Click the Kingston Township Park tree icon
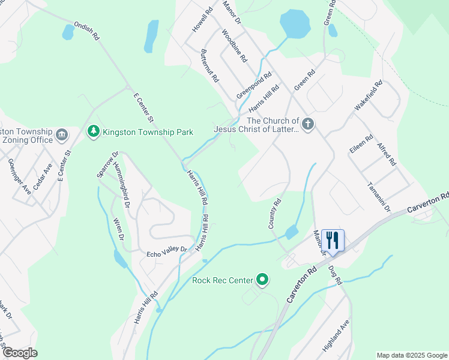[93, 131]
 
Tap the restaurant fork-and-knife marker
[332, 240]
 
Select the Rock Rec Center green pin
[262, 280]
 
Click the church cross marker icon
[307, 125]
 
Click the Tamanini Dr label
[379, 197]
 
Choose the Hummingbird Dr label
[122, 185]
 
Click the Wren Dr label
[118, 230]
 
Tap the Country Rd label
[273, 214]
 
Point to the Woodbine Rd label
[234, 46]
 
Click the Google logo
[20, 353]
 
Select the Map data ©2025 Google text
[411, 355]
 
